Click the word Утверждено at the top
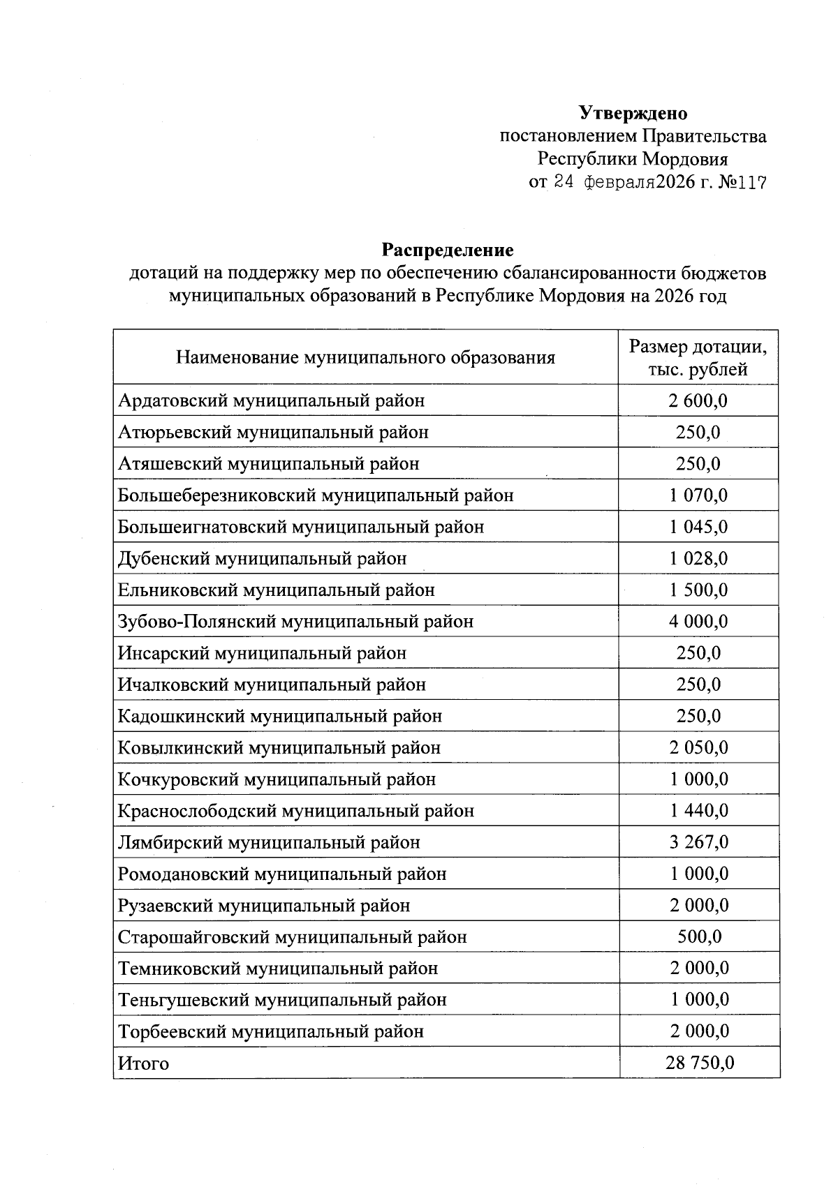633,113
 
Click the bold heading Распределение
447,250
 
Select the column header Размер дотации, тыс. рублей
698,357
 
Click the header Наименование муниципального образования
365,358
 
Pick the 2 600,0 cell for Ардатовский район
698,401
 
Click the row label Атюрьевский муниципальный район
273,432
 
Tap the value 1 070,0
698,495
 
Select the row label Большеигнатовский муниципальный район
301,527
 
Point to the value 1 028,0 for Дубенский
698,558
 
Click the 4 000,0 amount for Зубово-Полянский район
698,621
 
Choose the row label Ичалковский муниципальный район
272,685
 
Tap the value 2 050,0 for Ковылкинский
698,747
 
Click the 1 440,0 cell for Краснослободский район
698,811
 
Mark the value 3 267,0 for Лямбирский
698,842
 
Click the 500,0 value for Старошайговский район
699,936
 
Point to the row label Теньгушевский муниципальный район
282,1000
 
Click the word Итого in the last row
143,1063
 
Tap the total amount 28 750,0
699,1063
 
